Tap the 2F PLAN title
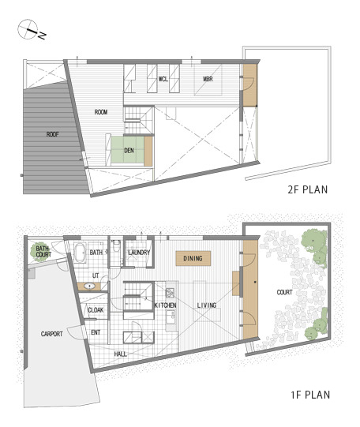(307, 189)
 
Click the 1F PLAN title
(310, 395)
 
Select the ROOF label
(52, 134)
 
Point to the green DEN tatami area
(127, 150)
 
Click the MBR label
(208, 79)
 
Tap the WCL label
(163, 79)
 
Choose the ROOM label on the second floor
(101, 112)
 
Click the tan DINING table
(193, 258)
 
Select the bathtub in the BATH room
(81, 253)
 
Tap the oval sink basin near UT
(89, 287)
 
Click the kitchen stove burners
(171, 293)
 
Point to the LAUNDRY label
(139, 253)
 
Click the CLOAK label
(96, 310)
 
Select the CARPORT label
(52, 334)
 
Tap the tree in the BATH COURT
(40, 252)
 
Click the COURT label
(284, 292)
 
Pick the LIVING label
(207, 305)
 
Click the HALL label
(120, 354)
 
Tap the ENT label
(96, 332)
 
